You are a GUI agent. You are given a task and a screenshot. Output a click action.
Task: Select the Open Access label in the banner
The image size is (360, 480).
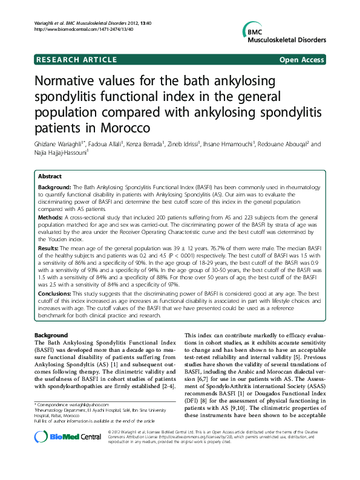(x=302, y=60)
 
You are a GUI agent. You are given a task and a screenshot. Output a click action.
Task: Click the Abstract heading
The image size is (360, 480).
(x=50, y=176)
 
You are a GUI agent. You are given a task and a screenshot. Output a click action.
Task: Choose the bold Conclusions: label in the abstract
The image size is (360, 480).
(x=56, y=294)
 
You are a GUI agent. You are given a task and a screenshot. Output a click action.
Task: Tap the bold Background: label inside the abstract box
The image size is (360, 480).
(x=56, y=188)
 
